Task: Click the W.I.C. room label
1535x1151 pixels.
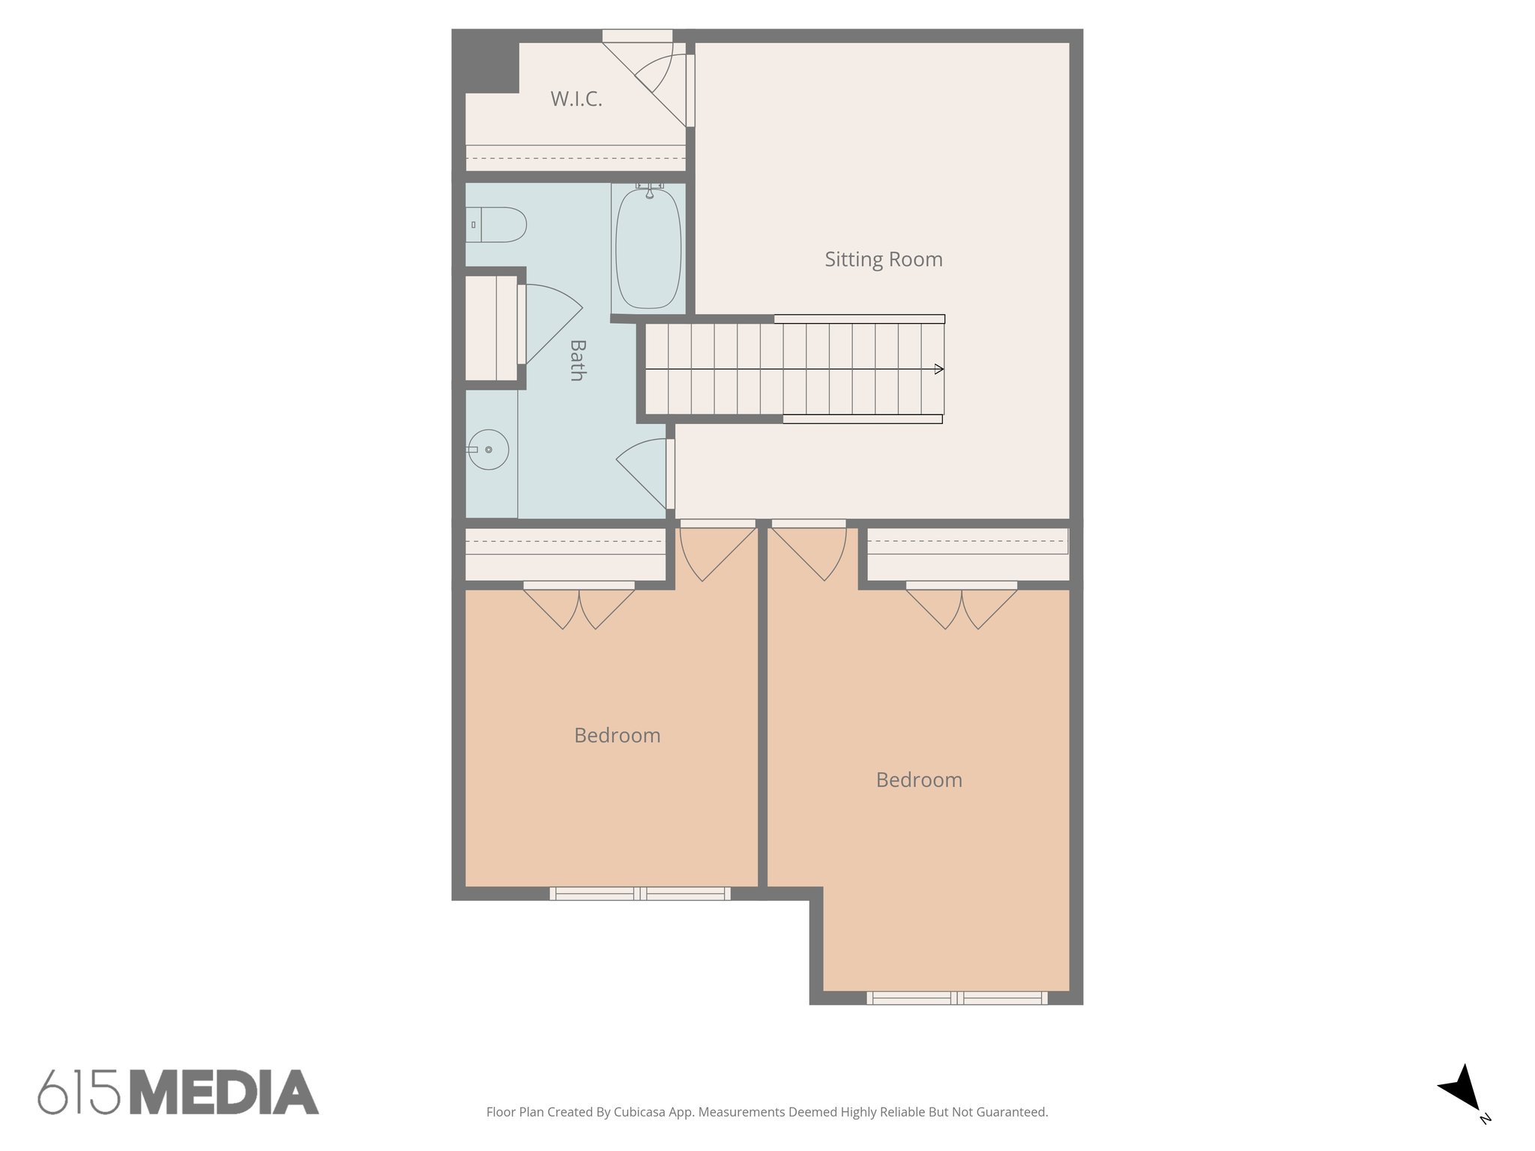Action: (576, 99)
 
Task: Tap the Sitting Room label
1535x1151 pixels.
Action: (883, 259)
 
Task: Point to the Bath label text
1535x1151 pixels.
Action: (576, 360)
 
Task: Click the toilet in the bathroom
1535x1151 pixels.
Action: (498, 225)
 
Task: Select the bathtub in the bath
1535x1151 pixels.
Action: (648, 249)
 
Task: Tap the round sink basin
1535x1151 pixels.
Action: (488, 450)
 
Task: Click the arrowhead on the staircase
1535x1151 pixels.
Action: (938, 369)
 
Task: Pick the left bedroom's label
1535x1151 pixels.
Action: (617, 735)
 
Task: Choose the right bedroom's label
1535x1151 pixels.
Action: (918, 780)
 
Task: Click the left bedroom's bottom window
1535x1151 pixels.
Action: (639, 893)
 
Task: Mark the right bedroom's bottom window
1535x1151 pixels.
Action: (957, 997)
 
